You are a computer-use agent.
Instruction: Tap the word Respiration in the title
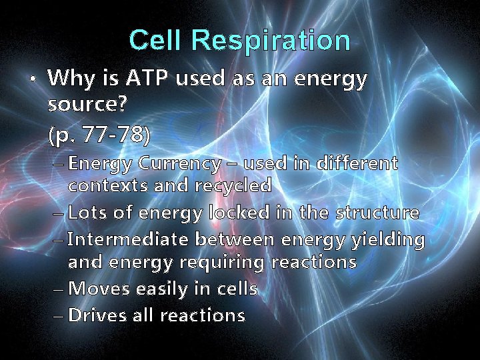pyautogui.click(x=270, y=41)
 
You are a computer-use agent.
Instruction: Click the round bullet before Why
pyautogui.click(x=31, y=79)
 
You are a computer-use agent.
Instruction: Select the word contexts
pyautogui.click(x=108, y=185)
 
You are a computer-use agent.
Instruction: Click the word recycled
pyautogui.click(x=233, y=185)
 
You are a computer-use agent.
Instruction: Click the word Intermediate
pyautogui.click(x=123, y=239)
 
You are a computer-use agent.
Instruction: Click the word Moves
pyautogui.click(x=99, y=289)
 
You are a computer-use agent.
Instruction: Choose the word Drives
pyautogui.click(x=98, y=315)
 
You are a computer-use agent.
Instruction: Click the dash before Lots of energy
pyautogui.click(x=58, y=213)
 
